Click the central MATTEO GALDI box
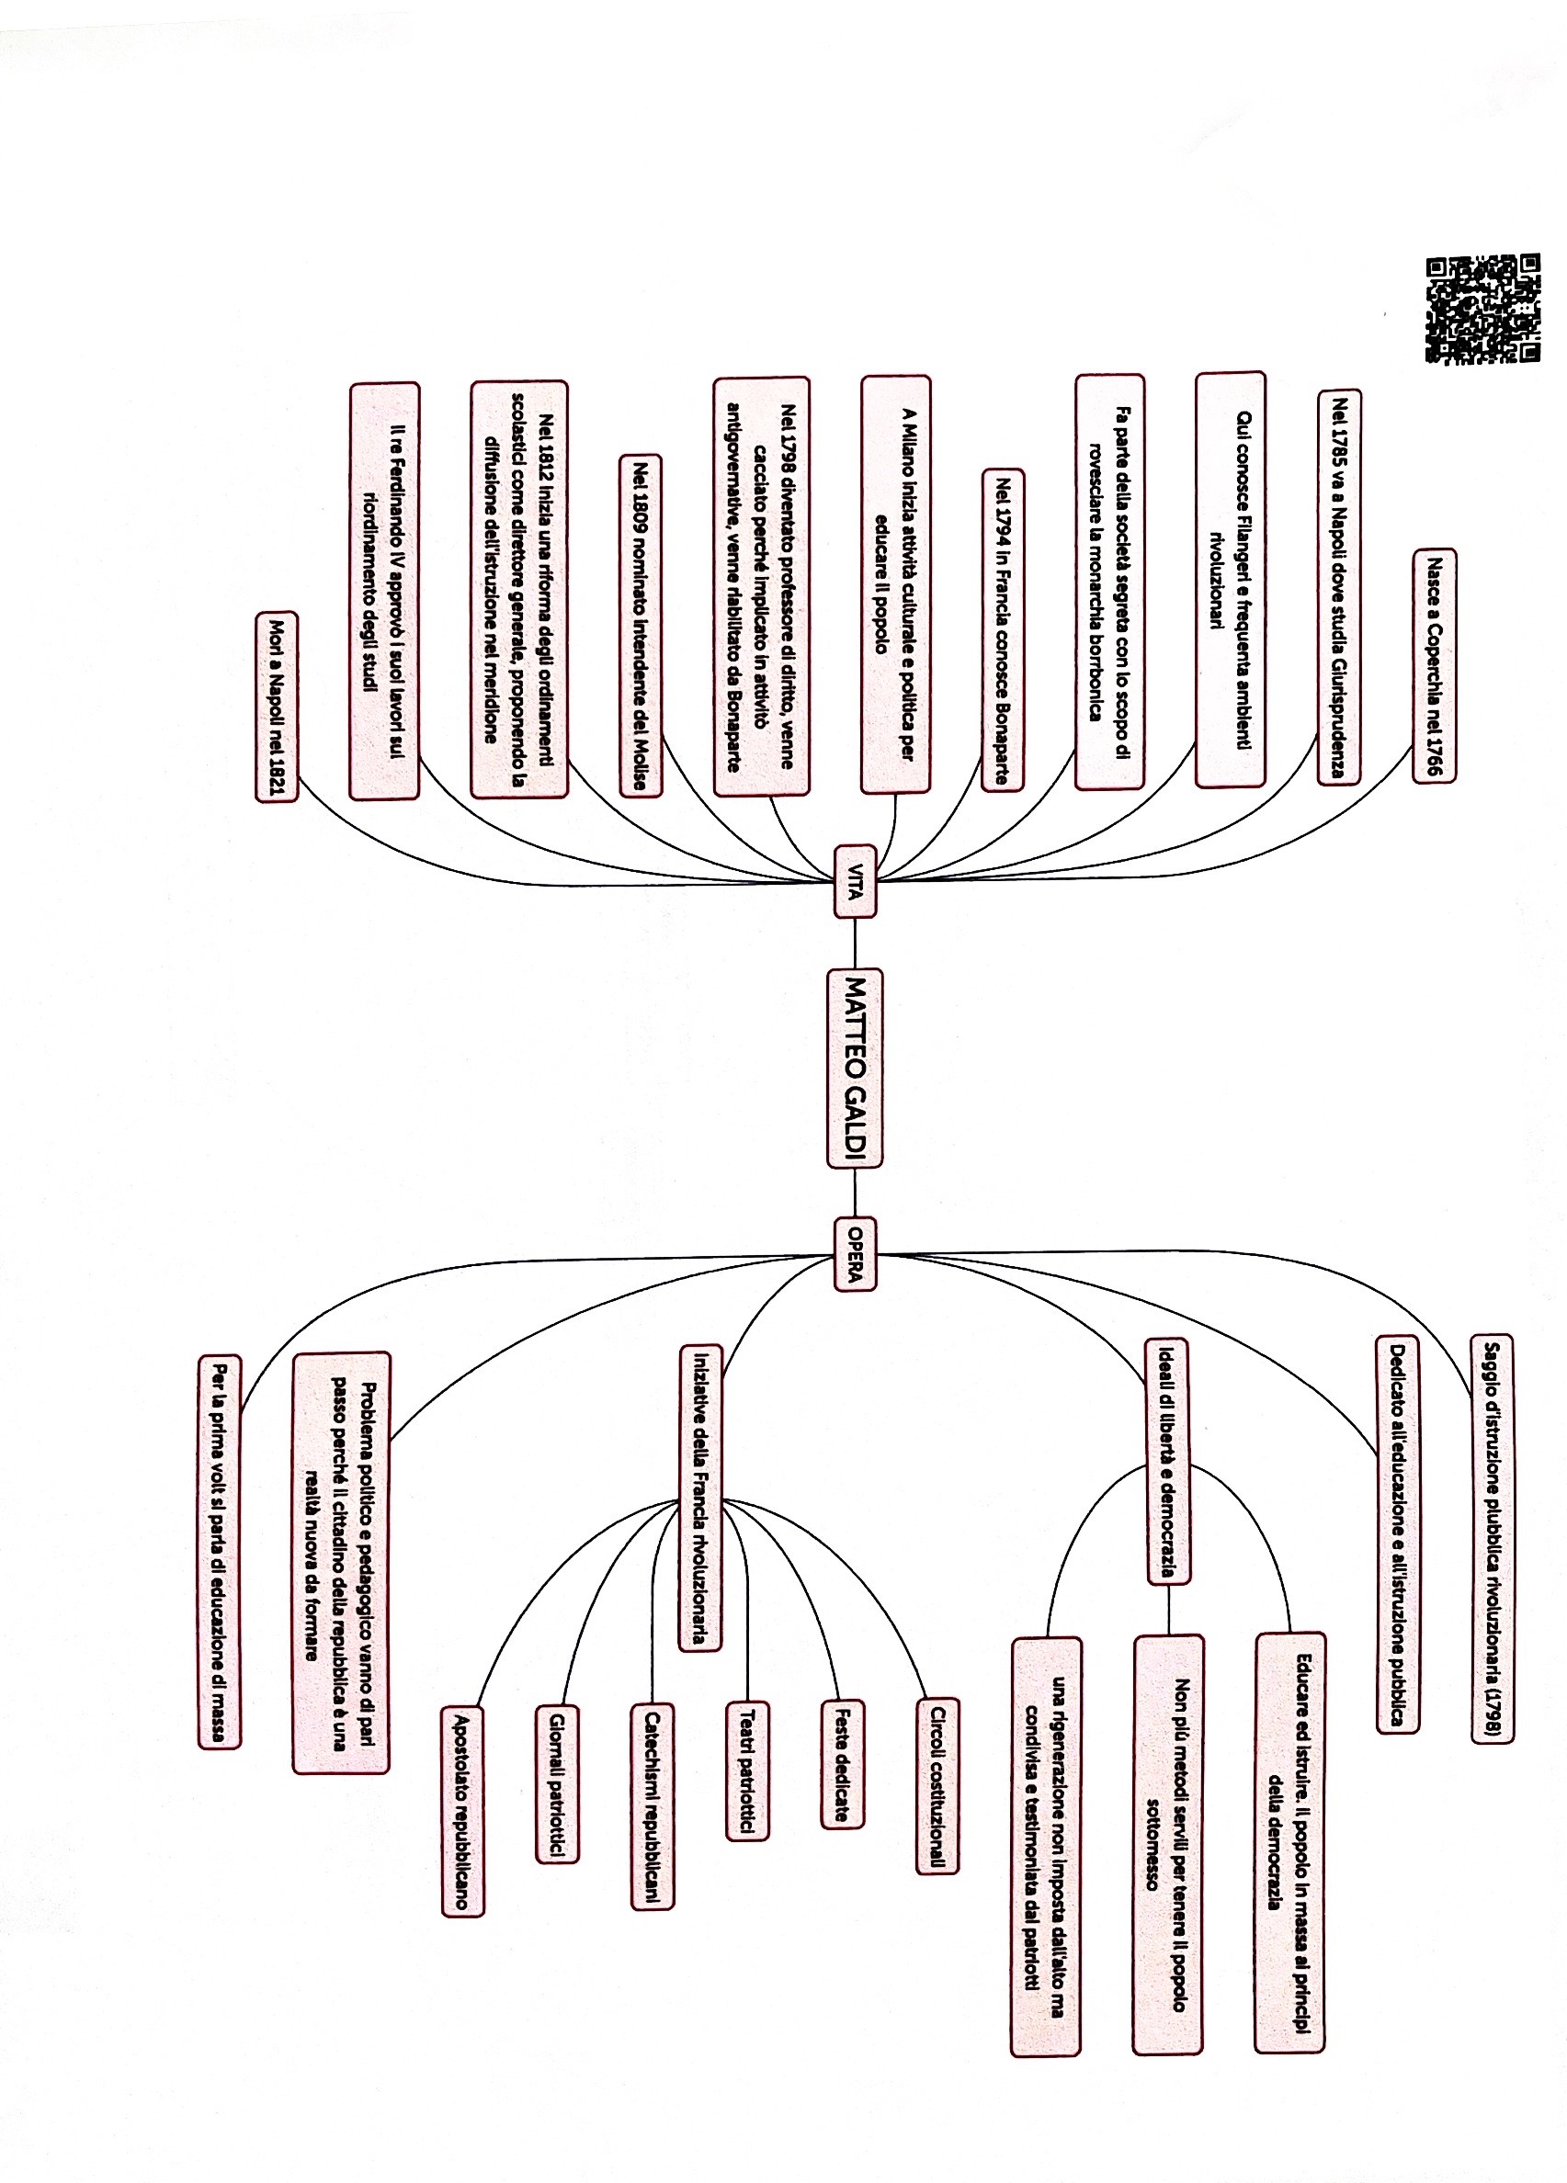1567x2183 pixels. pyautogui.click(x=855, y=1069)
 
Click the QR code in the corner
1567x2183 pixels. pyautogui.click(x=1482, y=308)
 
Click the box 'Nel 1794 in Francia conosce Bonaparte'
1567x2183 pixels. pyautogui.click(x=1003, y=629)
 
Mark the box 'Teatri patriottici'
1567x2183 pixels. pyautogui.click(x=747, y=1771)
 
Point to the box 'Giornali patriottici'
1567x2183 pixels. pyautogui.click(x=557, y=1784)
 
